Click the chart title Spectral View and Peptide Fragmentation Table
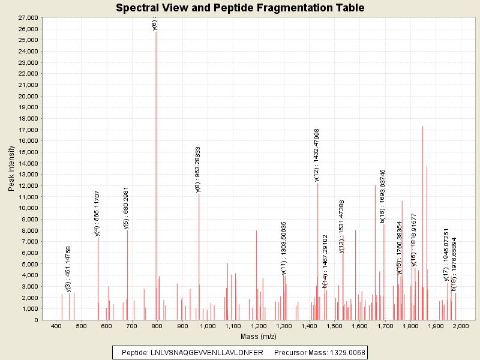point(240,8)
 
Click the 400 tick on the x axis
point(56,326)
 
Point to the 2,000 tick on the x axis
point(460,326)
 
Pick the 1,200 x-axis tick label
point(259,326)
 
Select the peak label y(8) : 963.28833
point(198,170)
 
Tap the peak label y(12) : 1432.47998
point(317,155)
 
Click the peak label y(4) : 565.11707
point(97,214)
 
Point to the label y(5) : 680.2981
point(126,208)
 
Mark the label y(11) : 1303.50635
point(284,248)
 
